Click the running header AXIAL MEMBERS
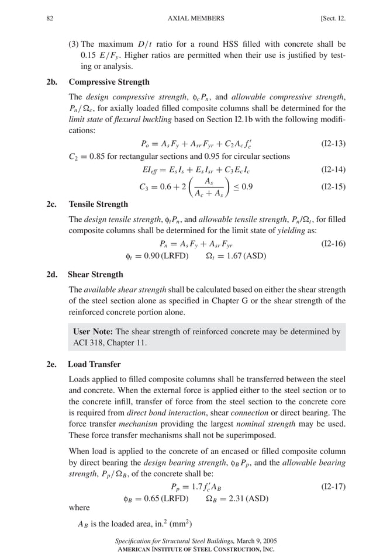click(x=195, y=19)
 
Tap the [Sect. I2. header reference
click(x=333, y=19)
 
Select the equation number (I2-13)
click(x=333, y=143)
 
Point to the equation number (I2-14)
click(x=333, y=170)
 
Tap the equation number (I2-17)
click(x=333, y=486)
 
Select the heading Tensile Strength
click(x=98, y=205)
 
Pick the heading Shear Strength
click(x=95, y=274)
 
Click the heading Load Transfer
click(x=94, y=364)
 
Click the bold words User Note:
click(x=93, y=331)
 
